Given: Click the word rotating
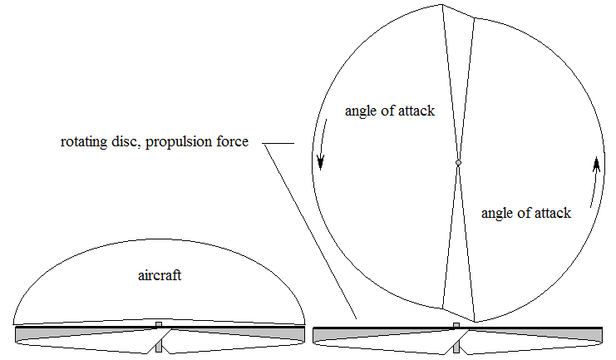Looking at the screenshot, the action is point(84,141).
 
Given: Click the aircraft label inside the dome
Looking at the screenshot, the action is point(160,275).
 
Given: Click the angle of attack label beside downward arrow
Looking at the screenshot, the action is point(390,111).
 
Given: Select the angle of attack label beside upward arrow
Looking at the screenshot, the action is point(526,214).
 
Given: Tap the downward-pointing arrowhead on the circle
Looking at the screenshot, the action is point(321,161).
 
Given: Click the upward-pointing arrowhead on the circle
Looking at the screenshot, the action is point(596,164).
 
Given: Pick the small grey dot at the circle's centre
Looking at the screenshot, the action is point(458,163).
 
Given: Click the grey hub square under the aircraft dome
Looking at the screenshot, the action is point(159,324).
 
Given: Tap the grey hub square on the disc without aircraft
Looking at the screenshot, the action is point(456,325).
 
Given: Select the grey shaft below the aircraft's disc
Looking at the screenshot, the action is point(159,346).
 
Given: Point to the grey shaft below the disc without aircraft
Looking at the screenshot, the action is point(456,347).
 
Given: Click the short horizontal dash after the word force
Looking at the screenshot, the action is point(278,143).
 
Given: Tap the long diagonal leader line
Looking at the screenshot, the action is point(310,232).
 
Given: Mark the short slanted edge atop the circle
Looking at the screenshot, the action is point(458,11).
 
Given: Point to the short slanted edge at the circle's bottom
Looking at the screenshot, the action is point(458,315).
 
